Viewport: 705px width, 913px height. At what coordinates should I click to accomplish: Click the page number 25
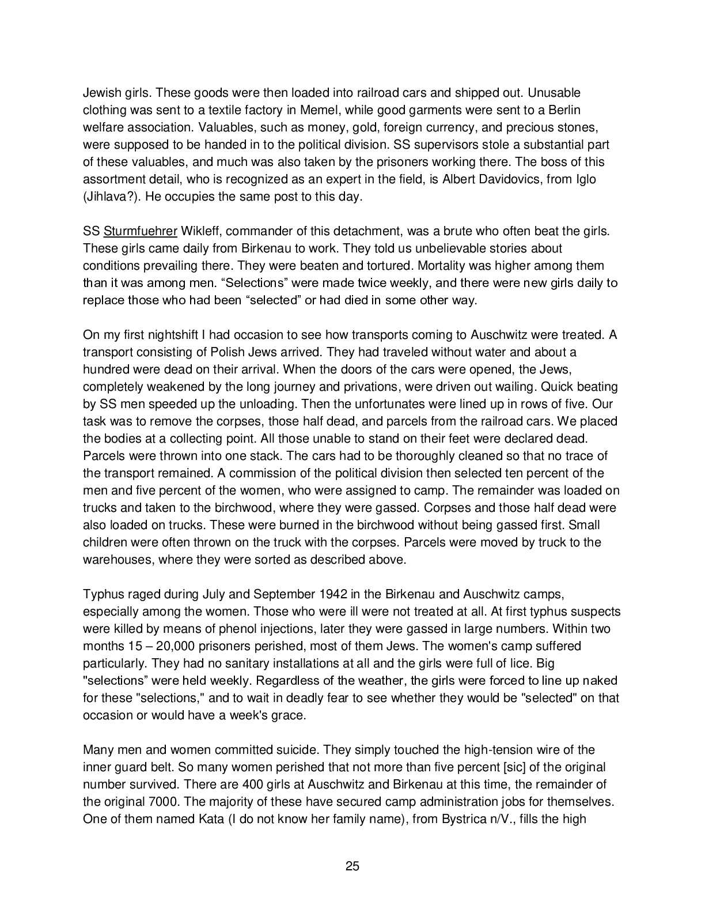click(352, 866)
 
